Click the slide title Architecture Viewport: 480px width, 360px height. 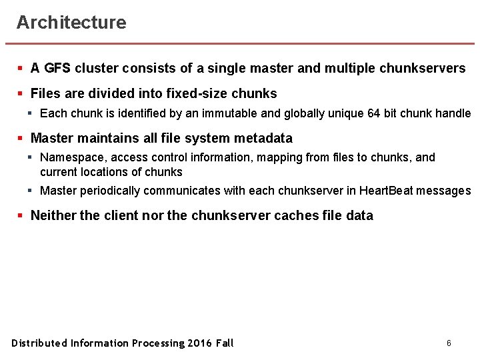[71, 23]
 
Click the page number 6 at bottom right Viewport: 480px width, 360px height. [449, 343]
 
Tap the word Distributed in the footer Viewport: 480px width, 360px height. [39, 343]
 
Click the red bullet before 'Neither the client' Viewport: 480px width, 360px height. [21, 216]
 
